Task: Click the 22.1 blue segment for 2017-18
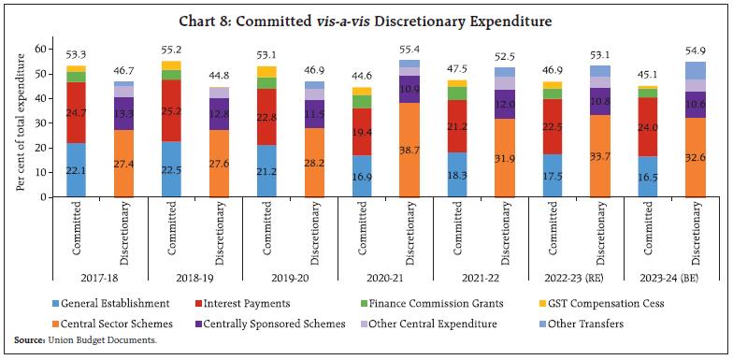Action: click(77, 169)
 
